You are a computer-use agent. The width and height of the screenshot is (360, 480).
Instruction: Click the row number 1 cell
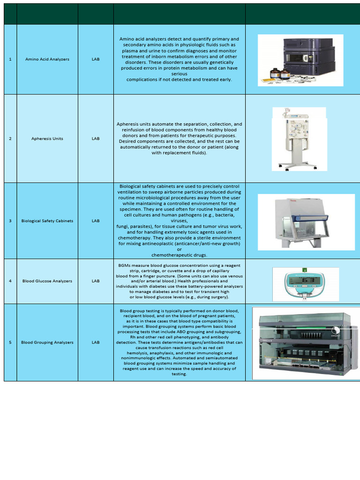(10, 60)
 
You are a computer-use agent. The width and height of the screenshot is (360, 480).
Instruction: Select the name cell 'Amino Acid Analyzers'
(47, 60)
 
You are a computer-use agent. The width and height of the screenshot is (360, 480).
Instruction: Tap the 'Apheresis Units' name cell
(47, 139)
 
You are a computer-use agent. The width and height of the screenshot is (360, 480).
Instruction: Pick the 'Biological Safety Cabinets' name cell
(47, 221)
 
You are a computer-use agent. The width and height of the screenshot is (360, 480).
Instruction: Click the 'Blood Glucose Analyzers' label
(47, 281)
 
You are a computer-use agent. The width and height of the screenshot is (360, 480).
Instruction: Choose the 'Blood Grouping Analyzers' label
(47, 342)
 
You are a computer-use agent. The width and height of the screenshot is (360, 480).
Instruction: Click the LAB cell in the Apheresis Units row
(96, 139)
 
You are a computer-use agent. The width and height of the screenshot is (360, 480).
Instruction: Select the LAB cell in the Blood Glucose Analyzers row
(96, 281)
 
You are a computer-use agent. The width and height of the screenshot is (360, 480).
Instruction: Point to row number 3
(10, 221)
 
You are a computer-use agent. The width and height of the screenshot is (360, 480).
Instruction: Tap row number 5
(10, 342)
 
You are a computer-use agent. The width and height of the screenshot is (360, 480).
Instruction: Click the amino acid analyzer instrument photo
(300, 60)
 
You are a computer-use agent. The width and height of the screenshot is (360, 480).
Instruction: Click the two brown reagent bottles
(280, 74)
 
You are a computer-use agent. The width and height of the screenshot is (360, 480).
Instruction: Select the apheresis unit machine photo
(299, 139)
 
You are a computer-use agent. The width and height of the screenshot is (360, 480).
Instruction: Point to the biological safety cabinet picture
(306, 222)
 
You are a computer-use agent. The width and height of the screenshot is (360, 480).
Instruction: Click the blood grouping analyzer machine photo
(306, 343)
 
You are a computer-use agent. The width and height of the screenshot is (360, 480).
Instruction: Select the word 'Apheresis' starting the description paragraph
(127, 124)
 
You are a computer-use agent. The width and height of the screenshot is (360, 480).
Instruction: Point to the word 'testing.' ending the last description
(179, 374)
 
